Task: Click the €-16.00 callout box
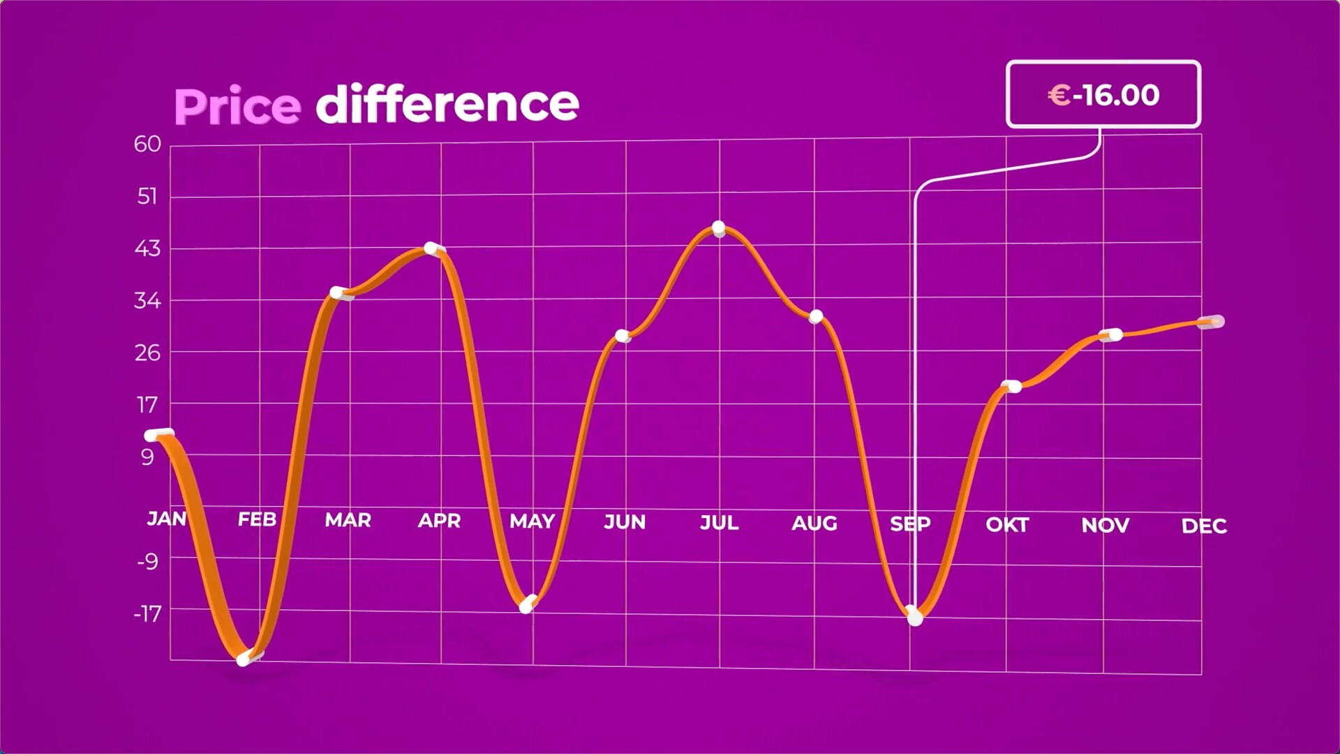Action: click(x=1103, y=94)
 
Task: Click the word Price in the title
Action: click(x=237, y=106)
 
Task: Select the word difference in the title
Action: click(x=447, y=104)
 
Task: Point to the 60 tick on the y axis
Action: click(x=147, y=144)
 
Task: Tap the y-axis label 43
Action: click(x=147, y=249)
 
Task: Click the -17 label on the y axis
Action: click(x=147, y=614)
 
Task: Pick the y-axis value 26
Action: click(x=147, y=353)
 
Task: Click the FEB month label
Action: click(x=257, y=519)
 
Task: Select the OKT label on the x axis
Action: click(x=1007, y=524)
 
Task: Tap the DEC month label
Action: click(x=1204, y=526)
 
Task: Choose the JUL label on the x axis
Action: click(x=719, y=522)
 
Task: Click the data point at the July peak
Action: click(x=719, y=229)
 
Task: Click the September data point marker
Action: click(x=914, y=616)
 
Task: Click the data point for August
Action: click(x=816, y=317)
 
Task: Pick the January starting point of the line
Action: click(x=158, y=435)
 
